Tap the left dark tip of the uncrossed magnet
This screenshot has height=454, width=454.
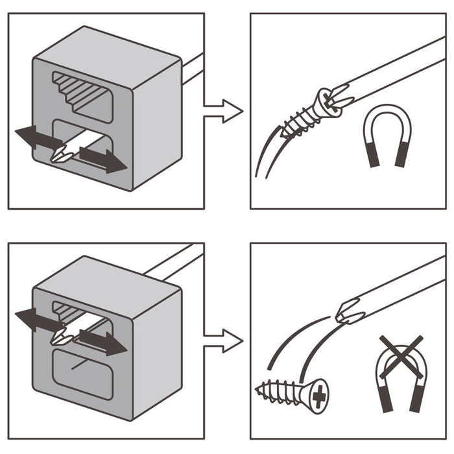click(372, 156)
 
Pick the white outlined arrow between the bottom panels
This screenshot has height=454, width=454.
click(224, 340)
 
